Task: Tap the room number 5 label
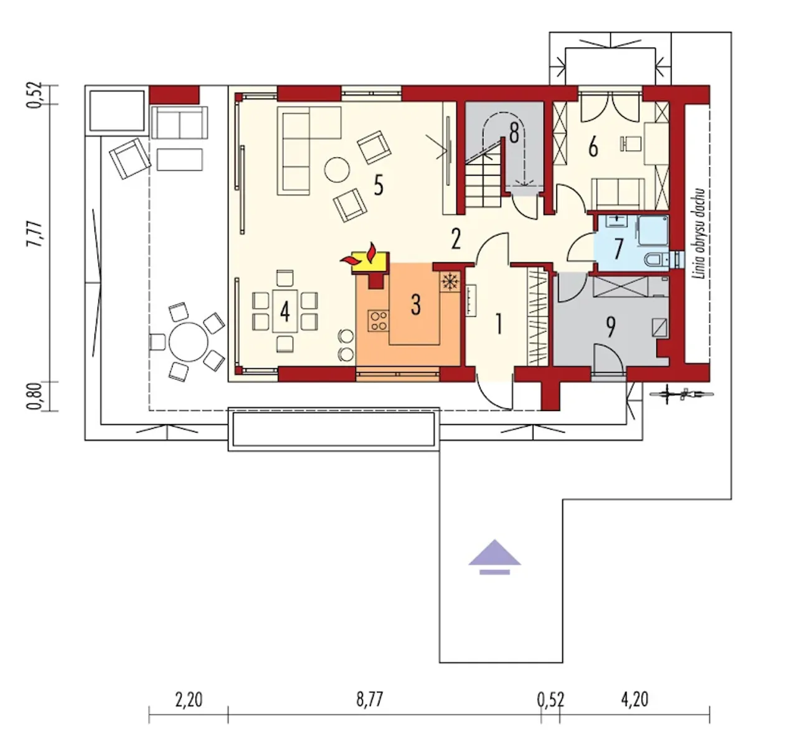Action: [378, 186]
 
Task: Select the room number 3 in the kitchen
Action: [416, 305]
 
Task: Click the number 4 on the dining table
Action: [285, 312]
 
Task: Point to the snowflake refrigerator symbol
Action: [450, 283]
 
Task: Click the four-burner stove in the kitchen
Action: [379, 321]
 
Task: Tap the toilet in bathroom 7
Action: [656, 260]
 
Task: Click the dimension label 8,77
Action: [370, 699]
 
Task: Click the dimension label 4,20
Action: [634, 699]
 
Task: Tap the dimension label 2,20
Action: [189, 699]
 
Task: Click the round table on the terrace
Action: [189, 342]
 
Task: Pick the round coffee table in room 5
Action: [337, 169]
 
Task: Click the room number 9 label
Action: [610, 328]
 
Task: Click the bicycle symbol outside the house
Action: [682, 394]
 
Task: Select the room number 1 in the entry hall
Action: [499, 324]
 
